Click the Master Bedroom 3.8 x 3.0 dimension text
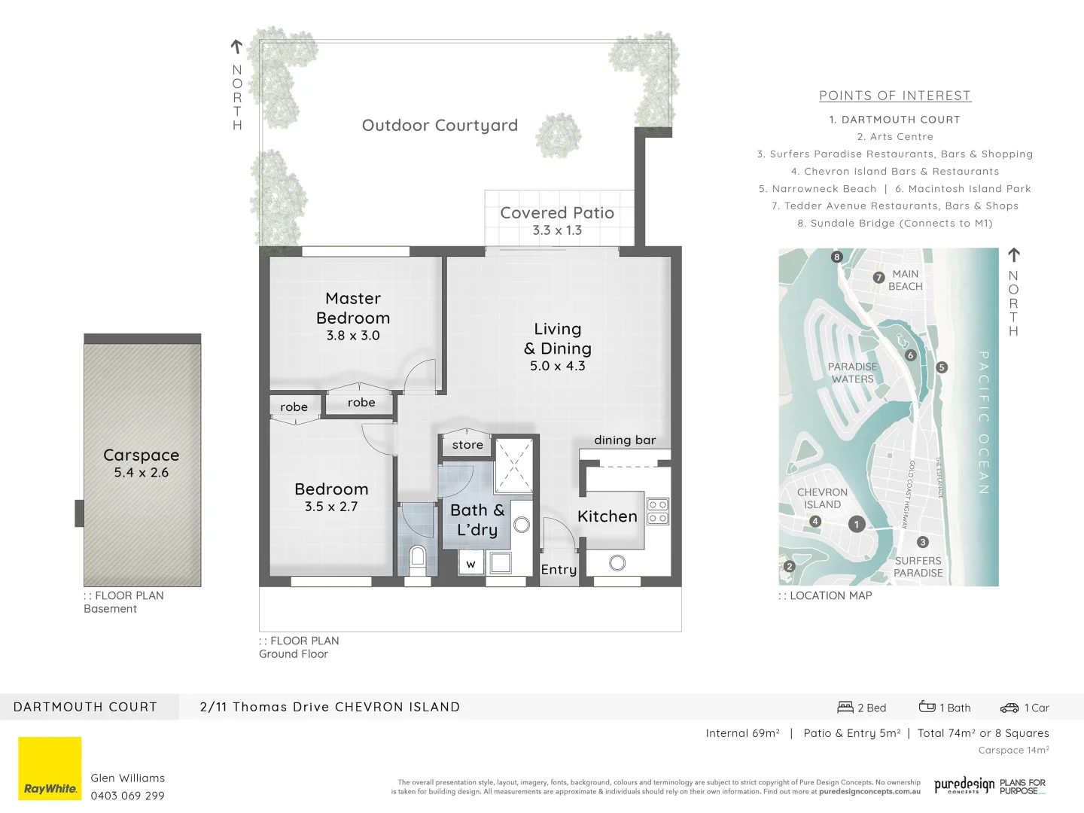[x=352, y=336]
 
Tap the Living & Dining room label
[x=557, y=339]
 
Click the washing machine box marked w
[x=470, y=563]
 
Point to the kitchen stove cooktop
[x=657, y=511]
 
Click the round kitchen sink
[x=617, y=562]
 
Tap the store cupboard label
[x=467, y=445]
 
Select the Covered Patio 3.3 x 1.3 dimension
[x=557, y=230]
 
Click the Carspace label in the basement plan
[x=142, y=455]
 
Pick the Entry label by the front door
[x=559, y=570]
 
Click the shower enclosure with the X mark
[x=513, y=467]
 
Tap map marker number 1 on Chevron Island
[x=856, y=524]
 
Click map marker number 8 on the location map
[x=836, y=257]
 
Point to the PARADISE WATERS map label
[x=852, y=373]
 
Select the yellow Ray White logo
[x=50, y=769]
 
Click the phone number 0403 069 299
[x=127, y=796]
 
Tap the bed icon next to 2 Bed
[x=845, y=708]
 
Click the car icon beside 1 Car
[x=1009, y=708]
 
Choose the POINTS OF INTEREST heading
[x=895, y=96]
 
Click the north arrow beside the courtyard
[x=236, y=47]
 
